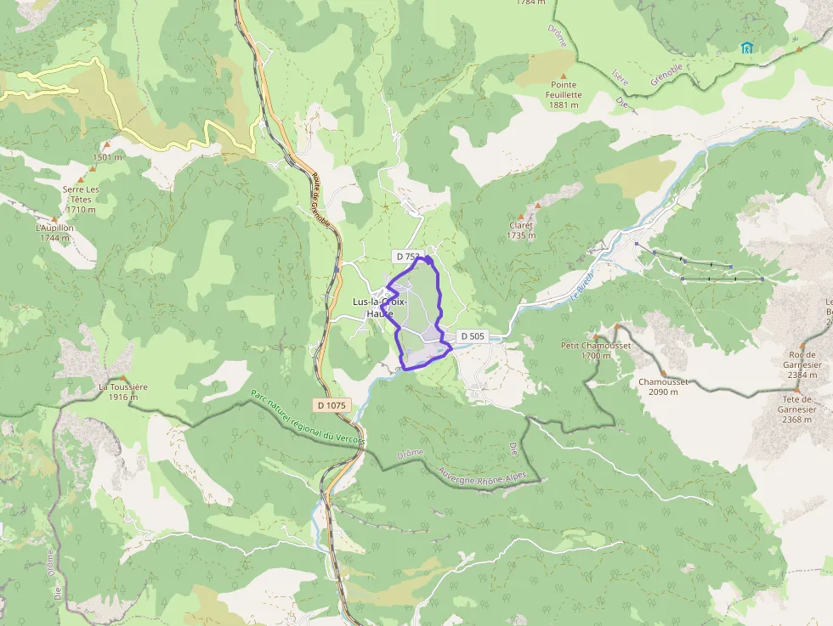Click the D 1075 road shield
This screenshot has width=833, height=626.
coord(331,405)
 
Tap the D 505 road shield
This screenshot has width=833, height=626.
coord(472,336)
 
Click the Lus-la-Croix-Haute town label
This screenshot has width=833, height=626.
coord(380,307)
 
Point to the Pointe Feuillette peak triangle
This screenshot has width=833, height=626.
coord(563,76)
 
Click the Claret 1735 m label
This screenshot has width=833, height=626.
coord(521,231)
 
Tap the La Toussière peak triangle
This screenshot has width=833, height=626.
coord(123,378)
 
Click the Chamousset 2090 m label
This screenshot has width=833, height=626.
coord(663,386)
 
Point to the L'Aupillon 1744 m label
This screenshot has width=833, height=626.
coord(54,234)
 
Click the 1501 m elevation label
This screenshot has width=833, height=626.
coord(108,157)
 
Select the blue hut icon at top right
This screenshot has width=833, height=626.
coord(746,48)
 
